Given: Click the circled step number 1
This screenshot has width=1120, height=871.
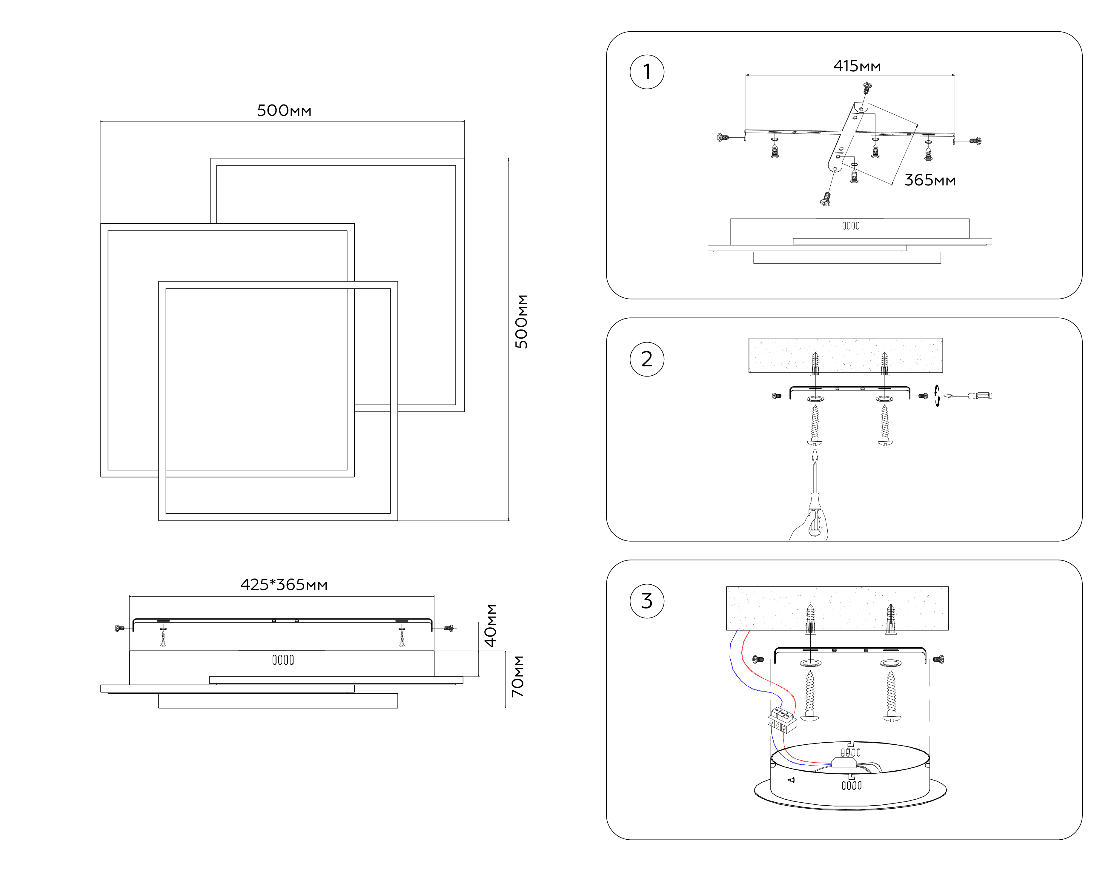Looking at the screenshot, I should tap(647, 72).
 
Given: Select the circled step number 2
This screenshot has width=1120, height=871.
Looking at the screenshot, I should tap(647, 359).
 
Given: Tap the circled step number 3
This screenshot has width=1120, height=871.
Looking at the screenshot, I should tap(647, 601).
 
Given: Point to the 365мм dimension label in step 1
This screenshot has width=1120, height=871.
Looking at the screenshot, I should tap(929, 180).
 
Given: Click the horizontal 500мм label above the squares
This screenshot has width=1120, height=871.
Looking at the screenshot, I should tap(284, 110).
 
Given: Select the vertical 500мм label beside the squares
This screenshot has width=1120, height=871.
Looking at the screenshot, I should tap(521, 322).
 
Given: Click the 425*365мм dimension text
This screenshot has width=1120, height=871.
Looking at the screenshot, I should tap(284, 585).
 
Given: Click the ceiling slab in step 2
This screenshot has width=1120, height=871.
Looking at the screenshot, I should tap(845, 355).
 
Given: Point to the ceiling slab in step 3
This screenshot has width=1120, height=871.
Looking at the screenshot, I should tap(837, 608).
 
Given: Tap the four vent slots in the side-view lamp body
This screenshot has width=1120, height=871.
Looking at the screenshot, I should tap(283, 660).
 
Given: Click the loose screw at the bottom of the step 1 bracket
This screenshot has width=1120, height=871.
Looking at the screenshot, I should tap(826, 199).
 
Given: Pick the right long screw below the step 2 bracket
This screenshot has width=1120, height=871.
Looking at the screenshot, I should tap(885, 425).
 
